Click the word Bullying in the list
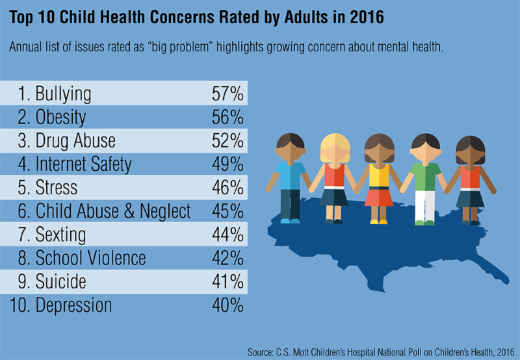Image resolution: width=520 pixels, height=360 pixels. [x=63, y=94]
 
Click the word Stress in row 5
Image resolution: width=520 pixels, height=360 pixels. [x=57, y=188]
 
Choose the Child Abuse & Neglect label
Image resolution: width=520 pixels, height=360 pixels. [x=113, y=211]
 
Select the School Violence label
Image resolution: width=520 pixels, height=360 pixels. [x=90, y=258]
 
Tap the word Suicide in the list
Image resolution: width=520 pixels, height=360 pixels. [x=62, y=281]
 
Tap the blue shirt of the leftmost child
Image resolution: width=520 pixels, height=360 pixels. [x=289, y=175]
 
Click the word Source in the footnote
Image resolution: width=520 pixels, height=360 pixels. [x=262, y=352]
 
